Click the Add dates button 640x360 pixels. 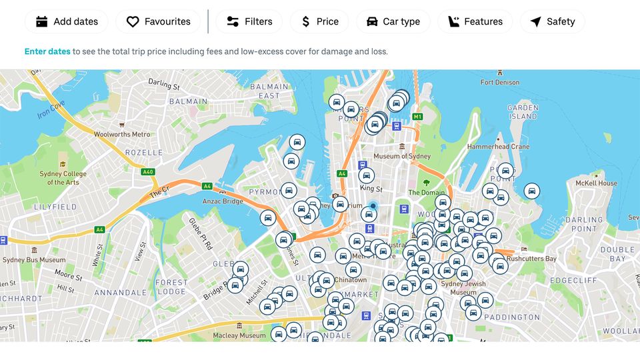[x=67, y=21]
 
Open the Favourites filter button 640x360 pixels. [x=158, y=21]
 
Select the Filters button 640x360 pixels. [x=249, y=21]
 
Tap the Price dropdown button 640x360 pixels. [x=319, y=21]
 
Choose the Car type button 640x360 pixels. [x=393, y=21]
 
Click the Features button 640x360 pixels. [x=475, y=21]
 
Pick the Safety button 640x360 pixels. [x=552, y=21]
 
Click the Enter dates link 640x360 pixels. [x=47, y=51]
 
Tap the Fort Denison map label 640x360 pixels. [x=500, y=83]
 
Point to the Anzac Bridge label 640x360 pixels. [x=223, y=201]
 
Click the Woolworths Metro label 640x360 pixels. [x=122, y=134]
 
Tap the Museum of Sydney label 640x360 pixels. [x=402, y=156]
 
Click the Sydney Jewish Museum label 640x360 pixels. [x=463, y=288]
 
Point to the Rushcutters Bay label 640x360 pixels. [x=531, y=259]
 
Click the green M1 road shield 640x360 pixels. [x=418, y=117]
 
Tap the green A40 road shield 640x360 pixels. [x=148, y=171]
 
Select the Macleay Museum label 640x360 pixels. [x=239, y=335]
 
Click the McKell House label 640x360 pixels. [x=597, y=183]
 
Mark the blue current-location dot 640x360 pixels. [x=373, y=206]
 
